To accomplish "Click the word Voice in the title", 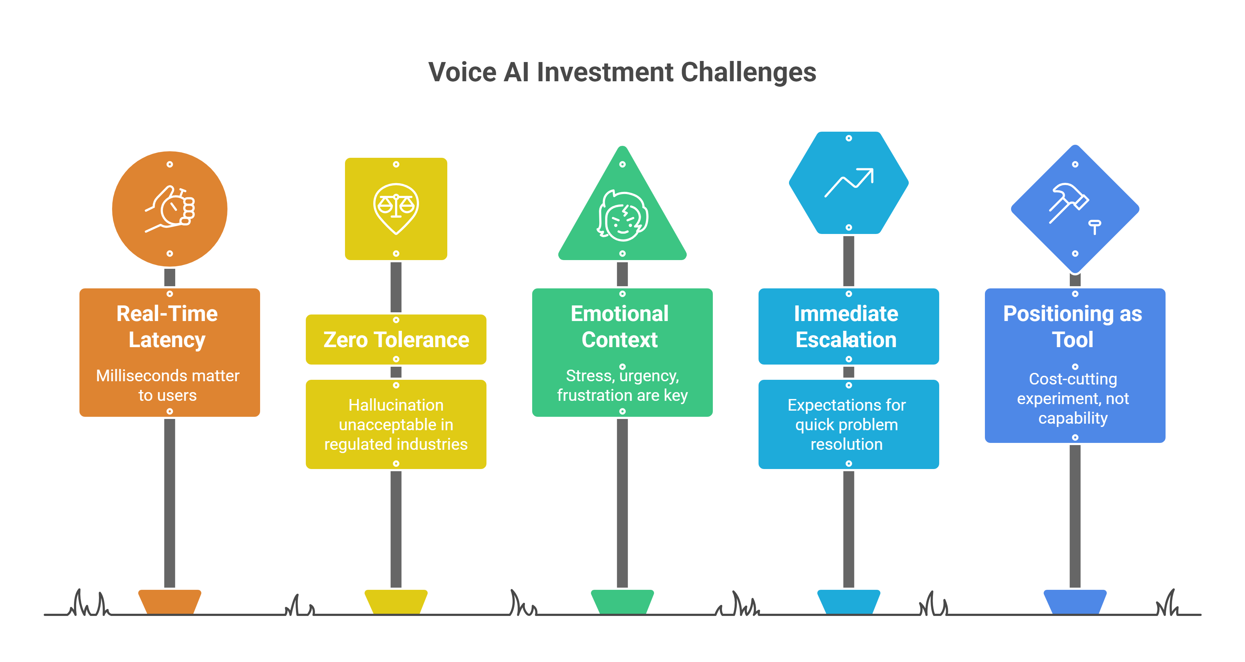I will pos(463,73).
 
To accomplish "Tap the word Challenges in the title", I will pos(748,73).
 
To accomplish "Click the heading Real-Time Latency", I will pos(167,327).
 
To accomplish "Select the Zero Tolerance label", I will pos(396,340).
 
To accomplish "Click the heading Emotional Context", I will pos(620,327).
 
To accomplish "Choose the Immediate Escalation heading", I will pos(846,327).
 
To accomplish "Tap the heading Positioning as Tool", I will pos(1072,327).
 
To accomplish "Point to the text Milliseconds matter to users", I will pos(168,385).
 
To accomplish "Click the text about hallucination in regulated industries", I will pos(396,424).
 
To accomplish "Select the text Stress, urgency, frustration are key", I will pos(622,385).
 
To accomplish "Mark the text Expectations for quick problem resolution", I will pos(847,424).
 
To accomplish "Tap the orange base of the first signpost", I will pos(170,601).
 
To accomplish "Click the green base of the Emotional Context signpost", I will pos(622,601).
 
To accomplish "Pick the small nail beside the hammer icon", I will pos(1095,226).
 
